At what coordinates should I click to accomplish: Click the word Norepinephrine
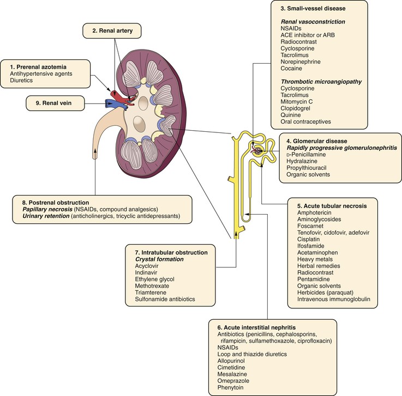pyautogui.click(x=302, y=63)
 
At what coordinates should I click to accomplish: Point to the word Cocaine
pyautogui.click(x=292, y=71)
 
